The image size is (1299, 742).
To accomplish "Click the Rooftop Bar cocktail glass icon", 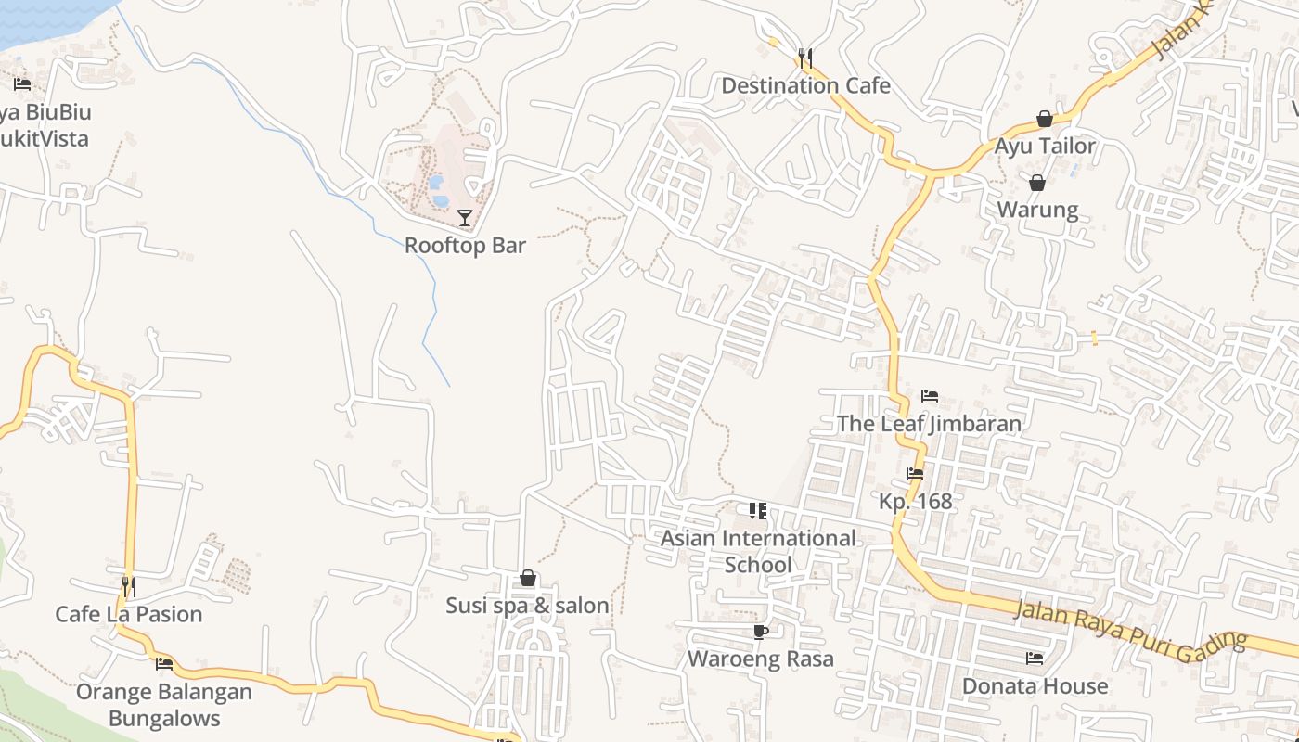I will [465, 218].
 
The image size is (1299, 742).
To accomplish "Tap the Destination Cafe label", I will [805, 86].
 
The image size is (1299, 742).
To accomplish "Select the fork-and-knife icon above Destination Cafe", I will [805, 58].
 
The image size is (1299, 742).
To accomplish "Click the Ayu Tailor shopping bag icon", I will [1045, 119].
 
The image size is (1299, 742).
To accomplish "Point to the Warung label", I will [1037, 210].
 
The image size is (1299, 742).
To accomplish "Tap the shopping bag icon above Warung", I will [1037, 183].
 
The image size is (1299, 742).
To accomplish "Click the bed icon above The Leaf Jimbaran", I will [930, 396].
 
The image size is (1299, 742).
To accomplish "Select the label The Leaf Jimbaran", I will [929, 424].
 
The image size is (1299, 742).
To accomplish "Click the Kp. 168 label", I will [916, 502].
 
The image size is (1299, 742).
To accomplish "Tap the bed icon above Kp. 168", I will [915, 474].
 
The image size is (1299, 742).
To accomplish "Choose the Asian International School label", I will [758, 551].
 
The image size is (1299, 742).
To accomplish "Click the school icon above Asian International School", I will [758, 510].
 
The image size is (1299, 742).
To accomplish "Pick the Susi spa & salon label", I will [527, 606].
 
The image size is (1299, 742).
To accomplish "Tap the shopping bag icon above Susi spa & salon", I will [528, 579].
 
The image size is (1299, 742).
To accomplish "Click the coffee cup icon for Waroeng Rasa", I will [761, 632].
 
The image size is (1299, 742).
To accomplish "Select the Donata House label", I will [1035, 686].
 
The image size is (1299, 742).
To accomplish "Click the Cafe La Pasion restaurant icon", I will [129, 586].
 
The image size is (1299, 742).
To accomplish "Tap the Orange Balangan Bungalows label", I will [164, 705].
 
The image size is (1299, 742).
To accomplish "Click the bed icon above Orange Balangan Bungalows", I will [164, 663].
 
